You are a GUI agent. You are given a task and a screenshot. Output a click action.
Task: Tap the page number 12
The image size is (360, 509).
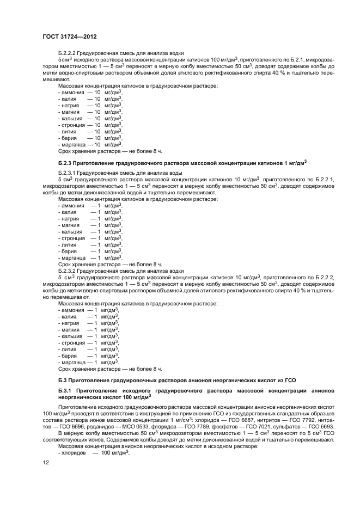pyautogui.click(x=46, y=463)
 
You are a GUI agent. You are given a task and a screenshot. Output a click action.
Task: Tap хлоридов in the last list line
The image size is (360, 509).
pyautogui.click(x=72, y=452)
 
